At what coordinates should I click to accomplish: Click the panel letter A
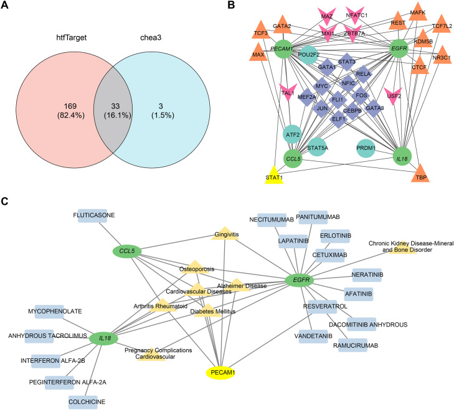coord(4,5)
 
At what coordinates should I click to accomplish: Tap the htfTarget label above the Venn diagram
coord(71,37)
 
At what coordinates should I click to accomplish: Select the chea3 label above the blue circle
coord(151,37)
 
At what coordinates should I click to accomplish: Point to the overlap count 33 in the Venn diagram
coord(115,106)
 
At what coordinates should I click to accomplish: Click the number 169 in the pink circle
coord(70,106)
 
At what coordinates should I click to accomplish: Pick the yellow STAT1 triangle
coord(274,175)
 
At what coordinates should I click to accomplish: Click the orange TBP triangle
coord(420,174)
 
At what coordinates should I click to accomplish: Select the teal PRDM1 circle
coord(366,148)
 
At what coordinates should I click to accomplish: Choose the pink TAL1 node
coord(288,92)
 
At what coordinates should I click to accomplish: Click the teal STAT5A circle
coord(318,147)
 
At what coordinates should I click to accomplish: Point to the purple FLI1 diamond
coord(338,100)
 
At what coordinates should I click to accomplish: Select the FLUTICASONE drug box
coord(92,215)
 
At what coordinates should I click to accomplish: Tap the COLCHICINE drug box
coord(83,402)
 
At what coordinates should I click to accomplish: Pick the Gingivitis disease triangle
coord(225,234)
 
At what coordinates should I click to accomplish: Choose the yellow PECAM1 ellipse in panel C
coord(220,373)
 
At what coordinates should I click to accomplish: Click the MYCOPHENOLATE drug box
coord(49,311)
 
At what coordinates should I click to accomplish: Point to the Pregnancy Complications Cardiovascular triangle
coord(151,355)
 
